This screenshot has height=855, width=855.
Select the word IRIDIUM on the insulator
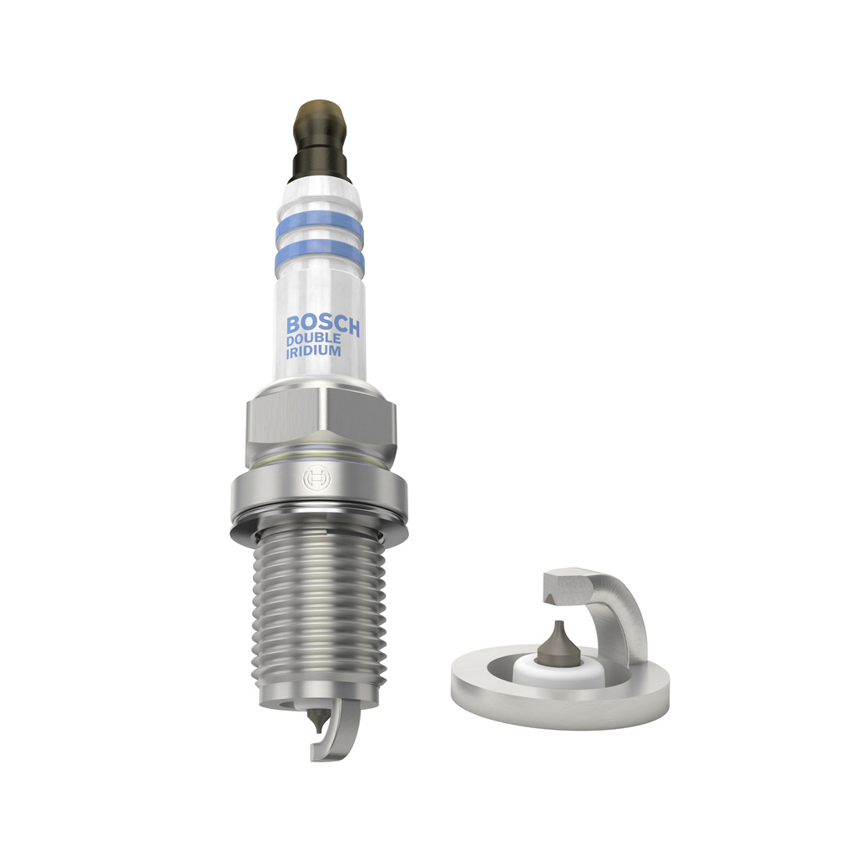coord(313,352)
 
